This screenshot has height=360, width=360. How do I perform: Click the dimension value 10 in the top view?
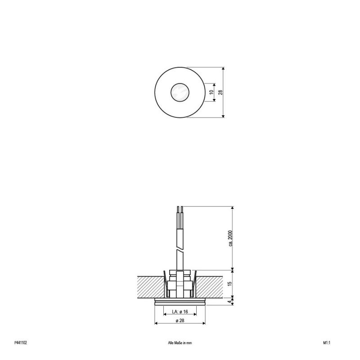[x=211, y=92]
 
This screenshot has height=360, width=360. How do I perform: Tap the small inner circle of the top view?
[x=179, y=93]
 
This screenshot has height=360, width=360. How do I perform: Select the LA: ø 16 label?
[x=179, y=312]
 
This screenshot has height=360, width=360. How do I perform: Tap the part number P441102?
[x=21, y=342]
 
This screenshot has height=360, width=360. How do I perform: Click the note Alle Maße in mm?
[x=179, y=342]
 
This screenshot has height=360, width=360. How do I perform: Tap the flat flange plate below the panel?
[x=179, y=301]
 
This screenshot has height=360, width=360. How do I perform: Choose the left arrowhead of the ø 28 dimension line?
[x=156, y=323]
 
